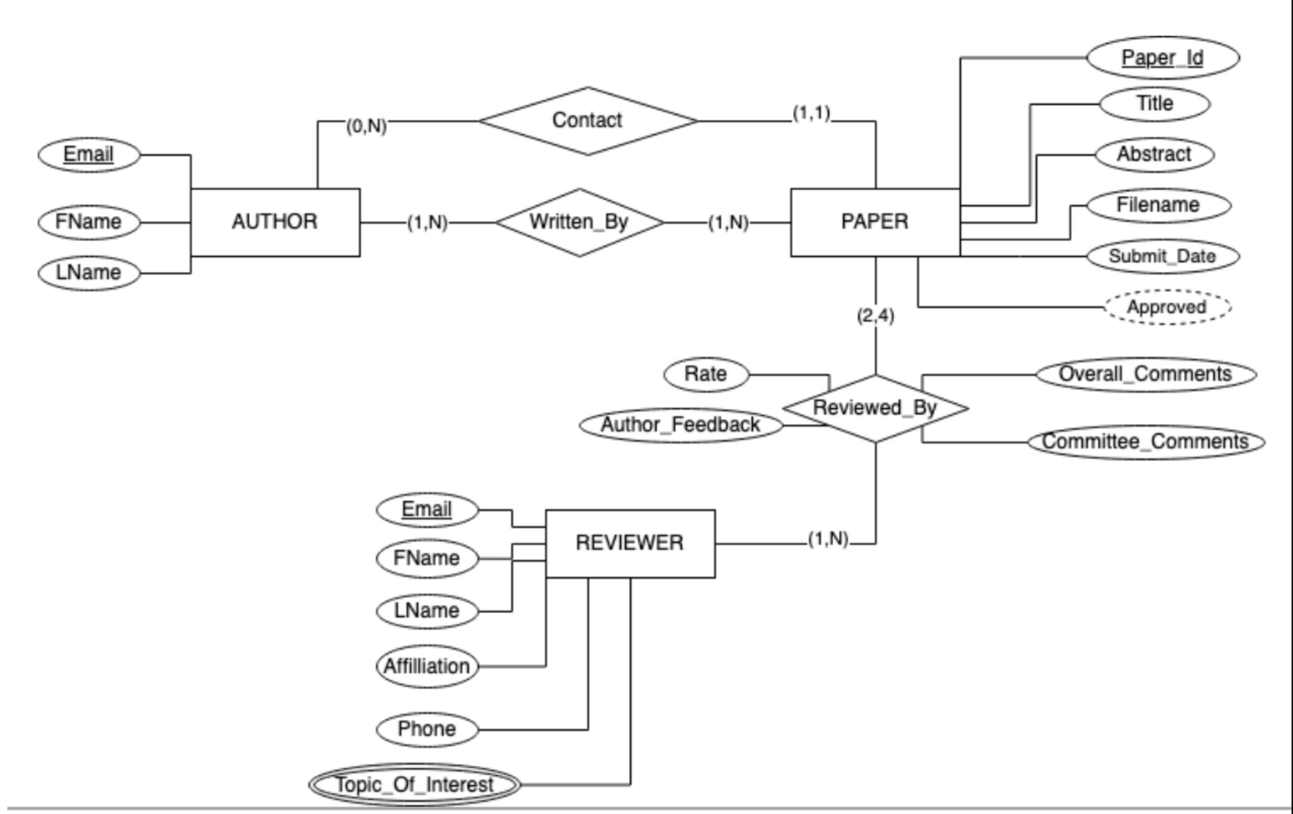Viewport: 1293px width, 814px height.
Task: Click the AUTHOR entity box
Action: point(275,222)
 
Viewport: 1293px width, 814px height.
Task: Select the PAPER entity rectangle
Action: point(875,222)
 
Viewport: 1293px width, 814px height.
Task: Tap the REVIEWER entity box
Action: point(630,543)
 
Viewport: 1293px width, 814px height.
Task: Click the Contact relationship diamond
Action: point(587,120)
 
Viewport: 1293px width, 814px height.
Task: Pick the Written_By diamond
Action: point(579,222)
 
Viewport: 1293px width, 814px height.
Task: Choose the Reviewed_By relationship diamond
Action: point(875,408)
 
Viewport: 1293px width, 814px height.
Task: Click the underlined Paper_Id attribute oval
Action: point(1163,57)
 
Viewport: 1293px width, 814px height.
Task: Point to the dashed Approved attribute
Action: point(1167,307)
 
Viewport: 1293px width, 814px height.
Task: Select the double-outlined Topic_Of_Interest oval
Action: point(414,785)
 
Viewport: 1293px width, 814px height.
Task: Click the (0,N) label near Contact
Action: point(366,126)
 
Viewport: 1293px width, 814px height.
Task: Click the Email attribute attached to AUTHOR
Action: point(89,155)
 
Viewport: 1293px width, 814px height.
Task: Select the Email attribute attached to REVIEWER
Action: point(427,509)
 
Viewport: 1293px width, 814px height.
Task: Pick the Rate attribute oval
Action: point(706,374)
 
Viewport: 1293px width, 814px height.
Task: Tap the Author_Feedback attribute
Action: point(680,424)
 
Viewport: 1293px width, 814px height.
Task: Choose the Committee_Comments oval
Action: point(1145,441)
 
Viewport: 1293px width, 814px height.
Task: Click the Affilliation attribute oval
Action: point(427,666)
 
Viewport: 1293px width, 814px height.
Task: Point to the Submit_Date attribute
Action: point(1163,256)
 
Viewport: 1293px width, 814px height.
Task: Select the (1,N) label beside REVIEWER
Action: point(828,539)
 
